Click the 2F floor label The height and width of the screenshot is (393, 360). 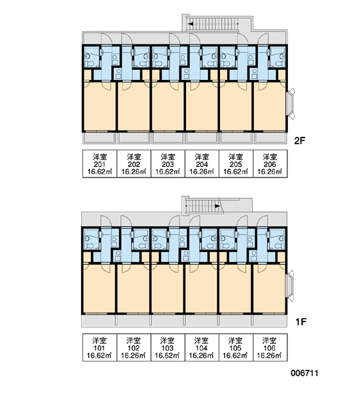(300, 141)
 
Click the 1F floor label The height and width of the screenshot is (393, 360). (301, 322)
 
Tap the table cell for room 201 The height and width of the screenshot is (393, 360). (99, 164)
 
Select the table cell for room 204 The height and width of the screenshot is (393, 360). (202, 164)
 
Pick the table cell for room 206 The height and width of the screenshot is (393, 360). (270, 164)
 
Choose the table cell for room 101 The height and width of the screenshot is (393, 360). (99, 347)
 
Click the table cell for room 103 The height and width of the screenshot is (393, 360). (168, 347)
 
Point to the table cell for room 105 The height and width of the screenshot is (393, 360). (236, 347)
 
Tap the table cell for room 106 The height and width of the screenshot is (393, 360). (270, 347)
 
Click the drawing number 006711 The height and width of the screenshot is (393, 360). (304, 373)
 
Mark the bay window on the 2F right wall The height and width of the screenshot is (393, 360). (291, 103)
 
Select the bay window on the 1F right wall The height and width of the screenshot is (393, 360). (290, 286)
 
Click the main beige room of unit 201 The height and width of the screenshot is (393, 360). (99, 106)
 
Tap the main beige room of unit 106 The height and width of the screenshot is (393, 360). (269, 289)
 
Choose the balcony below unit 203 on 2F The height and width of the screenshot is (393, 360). (168, 138)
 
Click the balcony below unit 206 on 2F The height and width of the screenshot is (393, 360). (270, 138)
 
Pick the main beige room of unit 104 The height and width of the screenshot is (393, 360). (201, 289)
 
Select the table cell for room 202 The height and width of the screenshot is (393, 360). (134, 164)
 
